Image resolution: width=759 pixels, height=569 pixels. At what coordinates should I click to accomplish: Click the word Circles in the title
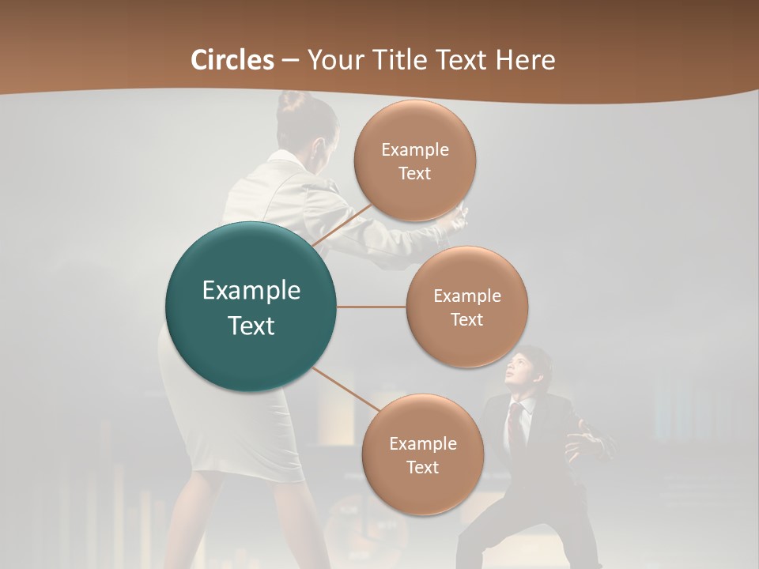coord(232,60)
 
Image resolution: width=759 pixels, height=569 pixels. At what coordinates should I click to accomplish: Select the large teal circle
coord(251,307)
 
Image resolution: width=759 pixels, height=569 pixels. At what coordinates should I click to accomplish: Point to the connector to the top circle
coord(342,225)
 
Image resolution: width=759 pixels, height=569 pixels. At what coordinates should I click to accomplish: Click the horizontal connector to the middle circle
coord(372,307)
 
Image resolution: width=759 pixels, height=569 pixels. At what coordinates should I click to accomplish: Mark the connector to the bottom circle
coord(345,389)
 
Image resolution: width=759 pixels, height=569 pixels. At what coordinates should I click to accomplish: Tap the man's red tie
coord(515,423)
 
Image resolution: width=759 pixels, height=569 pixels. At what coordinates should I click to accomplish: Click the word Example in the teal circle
coord(251,291)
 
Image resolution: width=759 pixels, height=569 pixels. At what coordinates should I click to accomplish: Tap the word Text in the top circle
coord(414,174)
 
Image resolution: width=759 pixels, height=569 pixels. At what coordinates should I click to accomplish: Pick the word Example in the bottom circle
coord(422,443)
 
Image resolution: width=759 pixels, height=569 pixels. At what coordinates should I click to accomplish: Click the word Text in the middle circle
coord(466,320)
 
